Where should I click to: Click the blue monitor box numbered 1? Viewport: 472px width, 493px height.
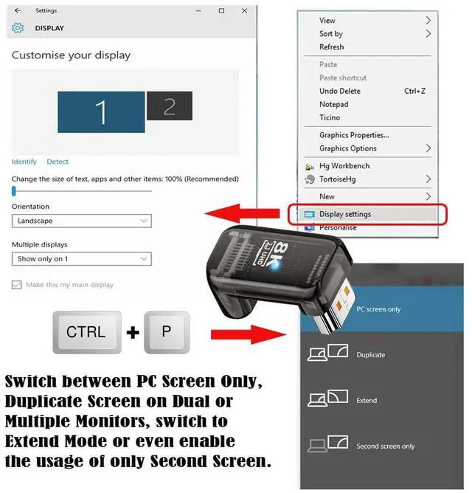coord(101,112)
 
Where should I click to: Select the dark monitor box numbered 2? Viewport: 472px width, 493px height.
coord(169,106)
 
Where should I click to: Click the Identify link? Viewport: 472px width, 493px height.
coord(24,162)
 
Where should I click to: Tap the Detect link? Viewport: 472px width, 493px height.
coord(58,162)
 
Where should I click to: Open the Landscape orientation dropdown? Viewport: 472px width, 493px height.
coord(82,221)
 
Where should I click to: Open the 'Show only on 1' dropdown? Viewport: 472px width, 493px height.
coord(82,259)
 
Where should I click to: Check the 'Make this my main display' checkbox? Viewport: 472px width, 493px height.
coord(17,285)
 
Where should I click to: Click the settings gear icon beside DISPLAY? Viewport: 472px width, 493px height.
coord(18,28)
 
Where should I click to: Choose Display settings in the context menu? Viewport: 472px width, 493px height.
coord(345,214)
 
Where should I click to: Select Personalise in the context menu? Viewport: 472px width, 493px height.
coord(338,227)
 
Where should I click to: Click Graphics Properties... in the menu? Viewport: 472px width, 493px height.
coord(354,135)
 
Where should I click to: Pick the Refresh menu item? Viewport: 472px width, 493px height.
coord(332,47)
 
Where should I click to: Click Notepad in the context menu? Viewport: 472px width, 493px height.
coord(333,104)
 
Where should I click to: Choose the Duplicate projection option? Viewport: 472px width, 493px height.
coord(370,355)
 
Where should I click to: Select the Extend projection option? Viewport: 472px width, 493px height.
coord(367,401)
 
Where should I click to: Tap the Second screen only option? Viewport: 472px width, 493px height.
coord(385,447)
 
